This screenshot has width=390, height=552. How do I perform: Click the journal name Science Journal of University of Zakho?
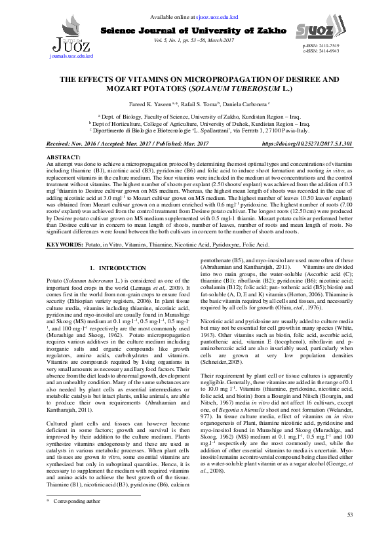193,30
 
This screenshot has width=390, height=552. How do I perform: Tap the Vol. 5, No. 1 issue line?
194,40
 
